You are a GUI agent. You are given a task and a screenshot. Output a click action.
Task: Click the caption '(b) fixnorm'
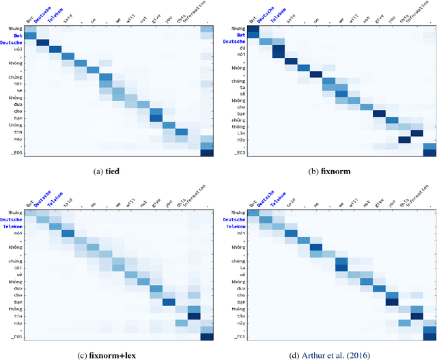tap(327, 171)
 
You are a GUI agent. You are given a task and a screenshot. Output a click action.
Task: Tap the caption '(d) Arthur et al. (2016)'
tap(327, 355)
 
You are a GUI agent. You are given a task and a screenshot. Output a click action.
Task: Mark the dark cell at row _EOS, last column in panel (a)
tap(206, 152)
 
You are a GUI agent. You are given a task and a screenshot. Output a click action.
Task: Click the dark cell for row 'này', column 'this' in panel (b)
tap(405, 140)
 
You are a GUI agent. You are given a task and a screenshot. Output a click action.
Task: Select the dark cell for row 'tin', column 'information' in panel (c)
tap(194, 316)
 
